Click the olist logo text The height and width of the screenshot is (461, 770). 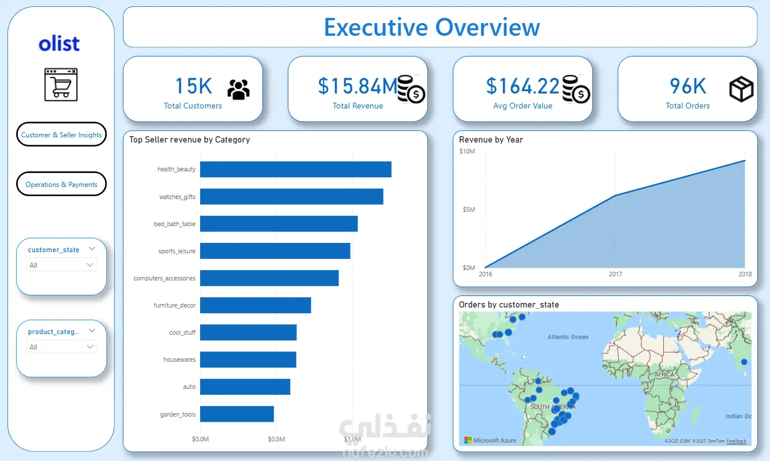coord(59,44)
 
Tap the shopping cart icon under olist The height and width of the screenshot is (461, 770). coord(61,85)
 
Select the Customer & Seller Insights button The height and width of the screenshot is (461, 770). coord(61,134)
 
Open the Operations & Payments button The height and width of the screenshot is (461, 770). coord(61,184)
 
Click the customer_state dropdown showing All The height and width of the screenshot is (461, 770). coord(62,265)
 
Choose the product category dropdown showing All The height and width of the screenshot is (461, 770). coord(62,347)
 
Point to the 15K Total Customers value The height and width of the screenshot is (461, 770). coord(193,86)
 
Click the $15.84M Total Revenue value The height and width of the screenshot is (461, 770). coord(358,86)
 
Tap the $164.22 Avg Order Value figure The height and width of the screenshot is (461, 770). coord(523,86)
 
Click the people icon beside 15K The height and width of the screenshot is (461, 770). coord(238,89)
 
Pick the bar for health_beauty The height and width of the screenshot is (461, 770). coord(295,170)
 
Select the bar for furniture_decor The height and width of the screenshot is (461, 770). coord(256,305)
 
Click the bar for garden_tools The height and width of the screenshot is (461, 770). coord(236,414)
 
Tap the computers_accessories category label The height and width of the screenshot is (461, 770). coord(164,278)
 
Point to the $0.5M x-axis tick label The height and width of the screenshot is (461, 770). coord(276,440)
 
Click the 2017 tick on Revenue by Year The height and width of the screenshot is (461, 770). coord(615,274)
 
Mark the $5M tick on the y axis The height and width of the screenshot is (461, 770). coord(468,209)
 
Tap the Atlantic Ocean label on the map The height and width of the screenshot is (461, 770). coord(568,337)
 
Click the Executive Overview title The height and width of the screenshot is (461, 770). coord(431,27)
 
